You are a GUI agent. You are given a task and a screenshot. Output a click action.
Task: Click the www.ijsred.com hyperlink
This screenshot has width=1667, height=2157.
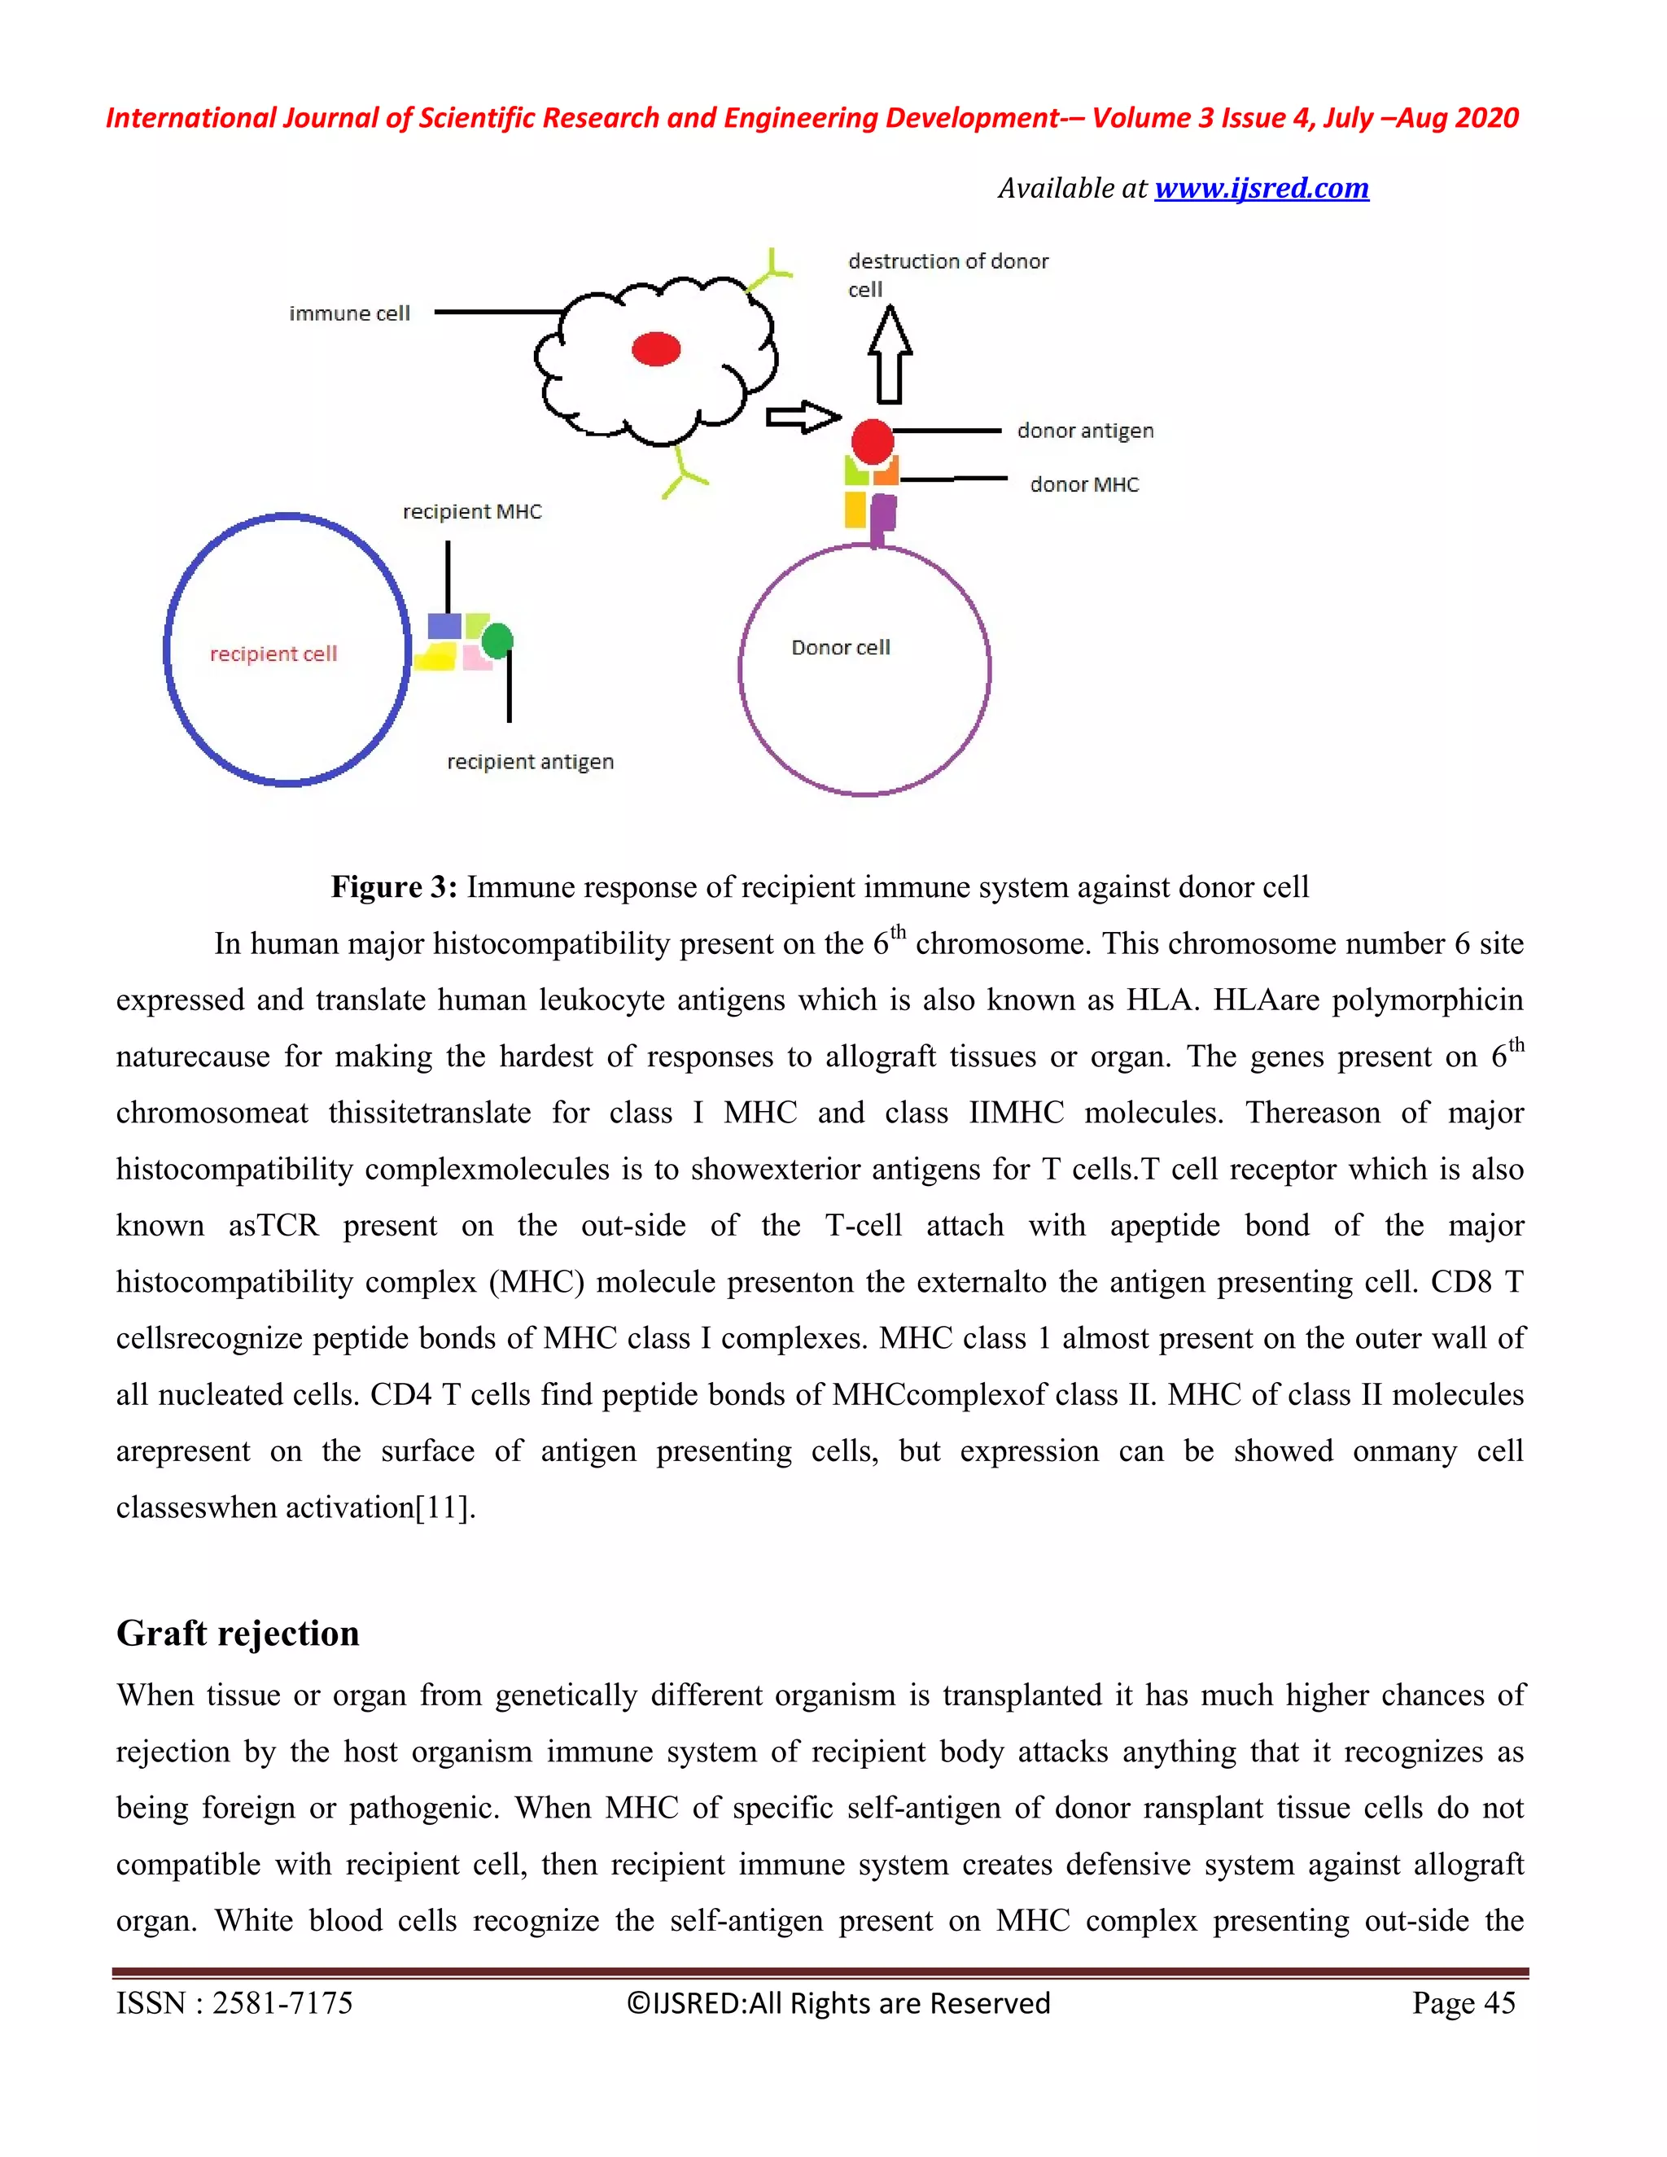[x=1261, y=188]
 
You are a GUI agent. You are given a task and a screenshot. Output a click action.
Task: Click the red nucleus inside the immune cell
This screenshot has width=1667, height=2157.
[x=656, y=348]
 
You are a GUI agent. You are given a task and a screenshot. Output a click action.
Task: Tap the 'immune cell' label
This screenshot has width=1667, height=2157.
[x=348, y=313]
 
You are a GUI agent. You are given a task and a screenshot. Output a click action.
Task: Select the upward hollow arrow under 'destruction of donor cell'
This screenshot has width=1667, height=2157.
[x=890, y=356]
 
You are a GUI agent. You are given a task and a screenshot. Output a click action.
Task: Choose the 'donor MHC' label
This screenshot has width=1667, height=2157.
[x=1083, y=484]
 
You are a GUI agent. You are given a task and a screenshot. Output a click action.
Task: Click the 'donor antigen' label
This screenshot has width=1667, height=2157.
[x=1084, y=431]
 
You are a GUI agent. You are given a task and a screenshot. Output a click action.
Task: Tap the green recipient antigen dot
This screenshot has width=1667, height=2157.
[x=497, y=640]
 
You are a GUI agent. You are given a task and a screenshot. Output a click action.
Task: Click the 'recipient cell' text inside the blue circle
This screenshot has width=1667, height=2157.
[x=273, y=653]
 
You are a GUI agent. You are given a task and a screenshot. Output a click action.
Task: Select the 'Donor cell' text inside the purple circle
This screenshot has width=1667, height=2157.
[x=840, y=647]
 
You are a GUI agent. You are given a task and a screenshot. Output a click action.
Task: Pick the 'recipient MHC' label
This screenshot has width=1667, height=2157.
[x=472, y=512]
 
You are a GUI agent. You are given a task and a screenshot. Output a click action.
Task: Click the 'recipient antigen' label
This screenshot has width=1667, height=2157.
[x=531, y=762]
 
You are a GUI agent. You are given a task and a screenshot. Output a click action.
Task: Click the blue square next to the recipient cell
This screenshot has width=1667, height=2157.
[x=444, y=626]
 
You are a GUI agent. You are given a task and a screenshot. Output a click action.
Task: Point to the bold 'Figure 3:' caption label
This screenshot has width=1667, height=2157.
[x=393, y=887]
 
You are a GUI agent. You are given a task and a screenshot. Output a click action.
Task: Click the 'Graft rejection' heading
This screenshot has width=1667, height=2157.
[x=238, y=1633]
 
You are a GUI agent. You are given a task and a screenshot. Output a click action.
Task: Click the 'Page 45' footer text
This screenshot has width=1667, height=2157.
[x=1464, y=2002]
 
